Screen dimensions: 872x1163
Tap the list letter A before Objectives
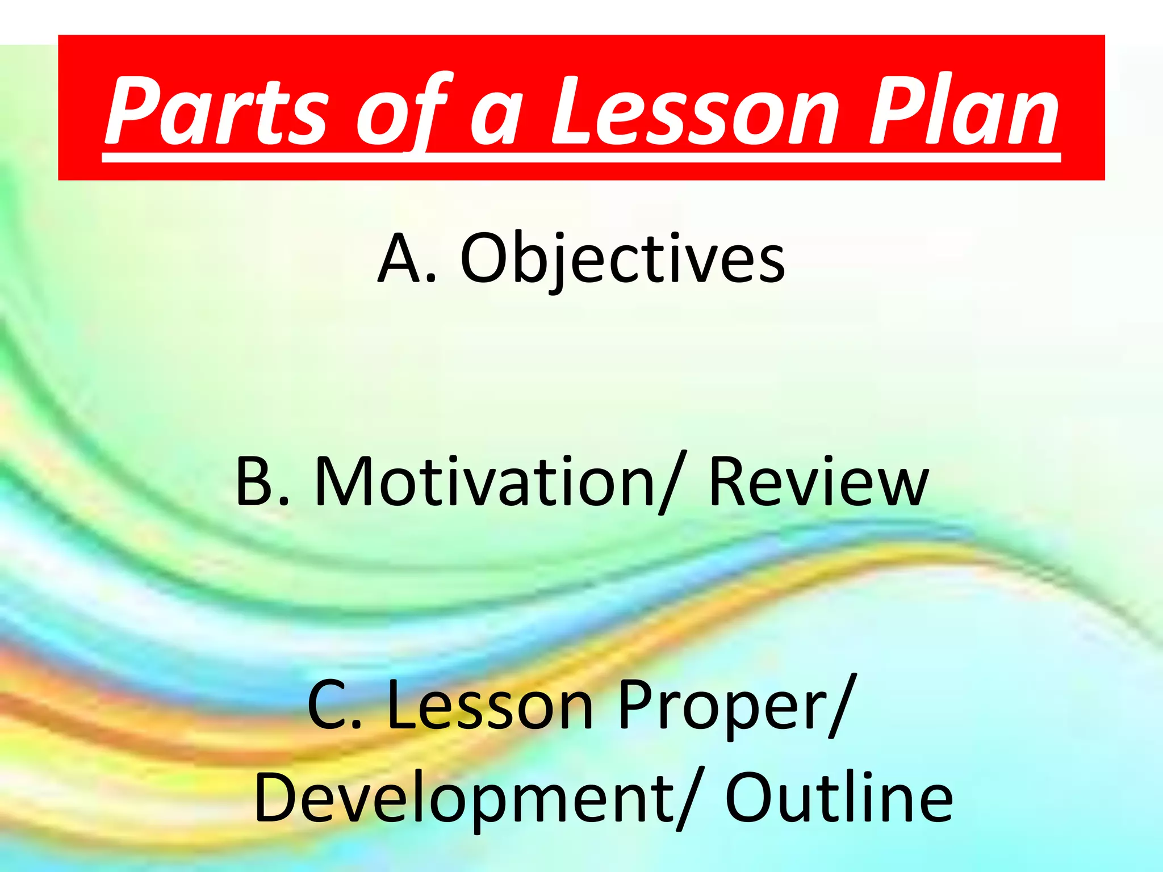[x=400, y=258]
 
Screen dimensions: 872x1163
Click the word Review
[x=818, y=483]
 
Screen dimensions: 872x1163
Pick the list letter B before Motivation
[x=256, y=483]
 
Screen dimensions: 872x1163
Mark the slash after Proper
[x=840, y=707]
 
